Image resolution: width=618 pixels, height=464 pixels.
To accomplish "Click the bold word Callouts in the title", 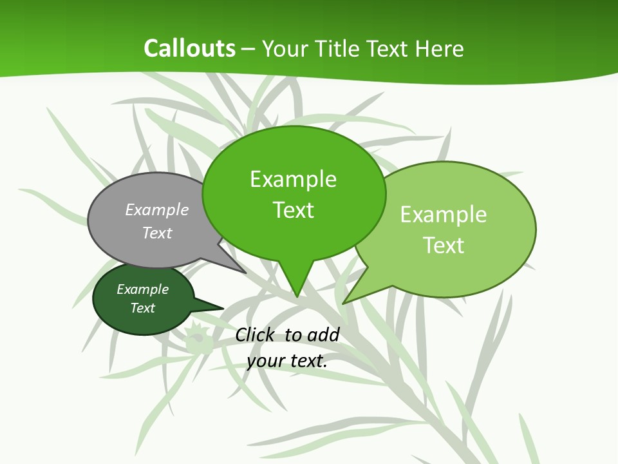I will tap(189, 48).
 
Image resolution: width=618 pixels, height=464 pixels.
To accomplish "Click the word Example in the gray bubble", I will tap(157, 209).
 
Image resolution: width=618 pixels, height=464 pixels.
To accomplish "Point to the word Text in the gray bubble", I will tap(157, 233).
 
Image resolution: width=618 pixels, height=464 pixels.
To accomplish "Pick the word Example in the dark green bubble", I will tap(142, 289).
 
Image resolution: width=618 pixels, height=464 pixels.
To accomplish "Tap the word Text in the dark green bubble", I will tap(142, 308).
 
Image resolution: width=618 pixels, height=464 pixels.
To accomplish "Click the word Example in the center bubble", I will tap(293, 179).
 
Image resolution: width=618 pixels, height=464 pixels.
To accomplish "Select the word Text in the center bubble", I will tap(293, 210).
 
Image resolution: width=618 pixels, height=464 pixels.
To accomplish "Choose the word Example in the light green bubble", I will tap(444, 215).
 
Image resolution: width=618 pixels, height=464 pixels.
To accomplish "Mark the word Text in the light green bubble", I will tap(444, 246).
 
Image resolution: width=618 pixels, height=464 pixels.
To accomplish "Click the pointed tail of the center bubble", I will tap(297, 284).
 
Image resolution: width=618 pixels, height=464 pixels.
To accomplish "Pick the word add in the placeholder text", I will tap(323, 334).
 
